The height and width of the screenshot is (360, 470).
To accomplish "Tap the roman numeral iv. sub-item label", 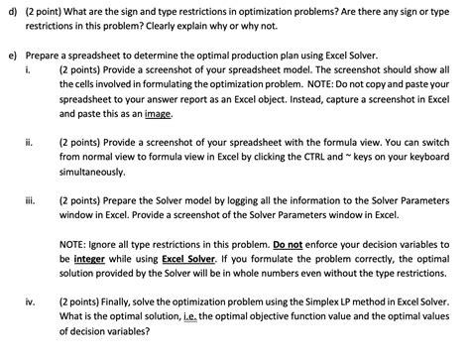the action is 30,322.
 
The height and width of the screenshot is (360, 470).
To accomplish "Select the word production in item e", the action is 252,59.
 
